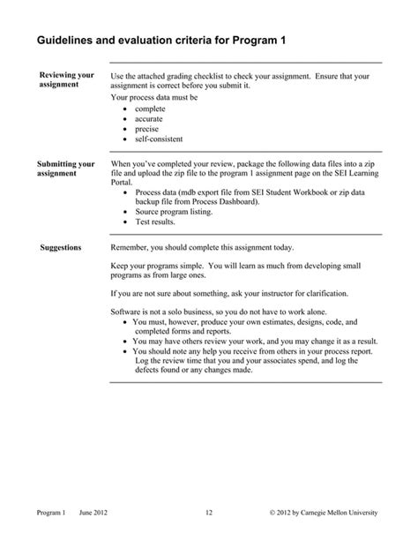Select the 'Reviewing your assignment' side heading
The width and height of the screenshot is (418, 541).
(66, 80)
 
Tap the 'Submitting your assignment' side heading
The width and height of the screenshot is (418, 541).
(66, 169)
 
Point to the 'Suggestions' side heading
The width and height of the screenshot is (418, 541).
(61, 247)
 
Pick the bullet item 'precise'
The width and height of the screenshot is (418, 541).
(147, 128)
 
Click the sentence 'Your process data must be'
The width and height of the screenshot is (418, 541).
(153, 97)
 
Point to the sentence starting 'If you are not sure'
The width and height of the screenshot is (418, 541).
(229, 292)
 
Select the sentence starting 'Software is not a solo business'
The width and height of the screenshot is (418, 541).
(232, 313)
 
